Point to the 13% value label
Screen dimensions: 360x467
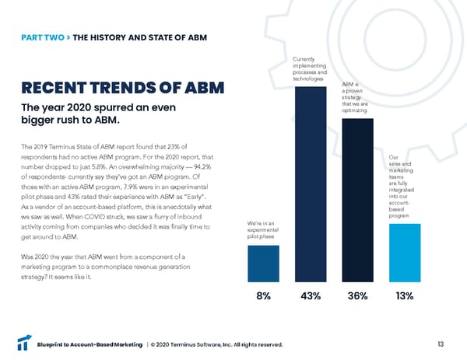click(404, 296)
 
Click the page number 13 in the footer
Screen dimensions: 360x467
click(441, 344)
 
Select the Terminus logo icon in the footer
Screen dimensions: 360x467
click(24, 344)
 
